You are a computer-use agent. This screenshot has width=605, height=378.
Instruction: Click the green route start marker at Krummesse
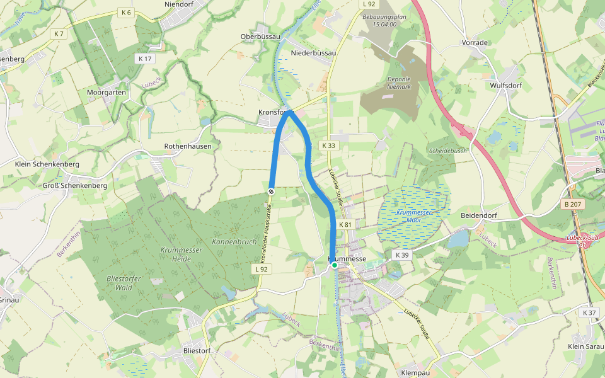click(335, 265)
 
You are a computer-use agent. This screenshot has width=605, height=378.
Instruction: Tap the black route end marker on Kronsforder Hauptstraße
click(271, 191)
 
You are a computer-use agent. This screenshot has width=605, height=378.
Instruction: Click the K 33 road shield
click(329, 146)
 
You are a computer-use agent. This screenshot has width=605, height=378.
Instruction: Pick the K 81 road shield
click(345, 225)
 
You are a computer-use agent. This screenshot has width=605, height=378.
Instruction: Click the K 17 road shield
click(144, 59)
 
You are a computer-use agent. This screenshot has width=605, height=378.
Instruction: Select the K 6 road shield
click(125, 13)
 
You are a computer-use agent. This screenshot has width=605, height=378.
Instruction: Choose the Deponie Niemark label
click(398, 83)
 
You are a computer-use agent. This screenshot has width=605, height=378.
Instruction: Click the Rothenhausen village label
click(188, 146)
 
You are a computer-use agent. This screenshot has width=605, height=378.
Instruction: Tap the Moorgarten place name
click(107, 92)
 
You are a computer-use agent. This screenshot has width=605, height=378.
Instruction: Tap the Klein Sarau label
click(586, 346)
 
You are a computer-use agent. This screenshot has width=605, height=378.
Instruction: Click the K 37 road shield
click(589, 313)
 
